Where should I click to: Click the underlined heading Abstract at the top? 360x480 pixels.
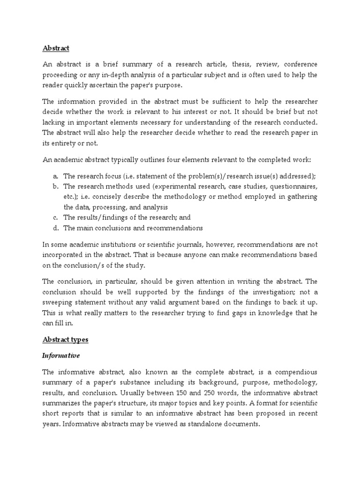(56, 48)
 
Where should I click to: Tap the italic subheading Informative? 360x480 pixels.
(61, 355)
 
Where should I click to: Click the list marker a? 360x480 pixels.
(55, 176)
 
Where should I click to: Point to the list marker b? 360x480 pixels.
(55, 187)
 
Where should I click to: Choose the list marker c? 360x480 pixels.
(55, 217)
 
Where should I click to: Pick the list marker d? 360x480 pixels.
(55, 228)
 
